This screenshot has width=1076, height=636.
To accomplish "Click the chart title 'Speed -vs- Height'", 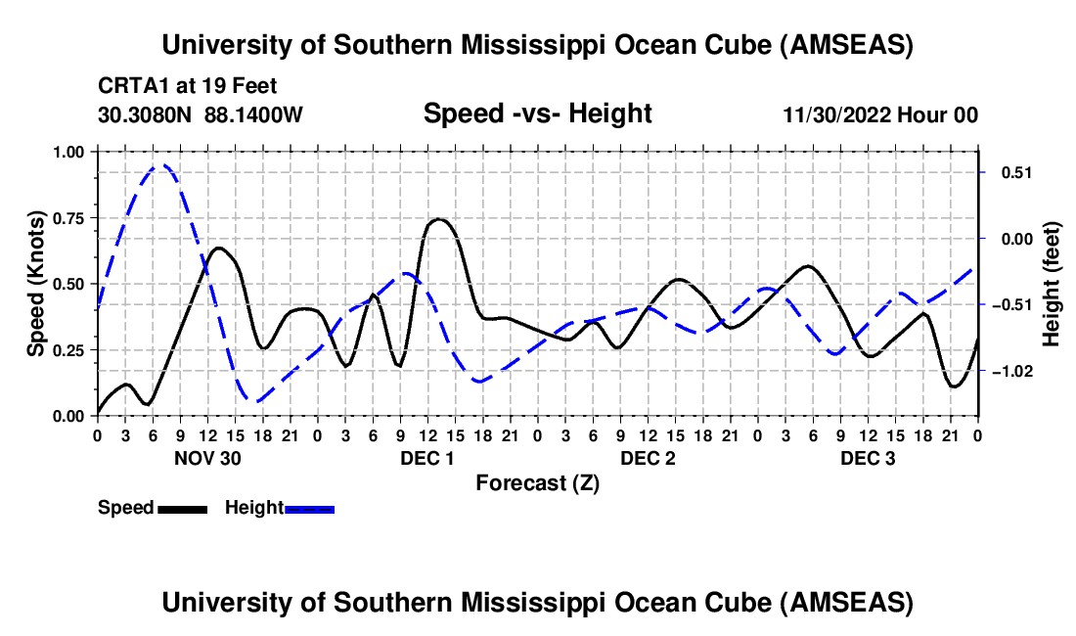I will pos(537,114).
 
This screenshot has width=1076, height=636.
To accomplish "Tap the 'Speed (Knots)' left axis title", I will pos(35,284).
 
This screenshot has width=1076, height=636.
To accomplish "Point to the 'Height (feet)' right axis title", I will pos(1052,283).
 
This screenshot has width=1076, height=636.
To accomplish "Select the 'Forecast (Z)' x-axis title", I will pos(537,482).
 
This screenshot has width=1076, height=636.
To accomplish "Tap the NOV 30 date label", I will pos(207,458).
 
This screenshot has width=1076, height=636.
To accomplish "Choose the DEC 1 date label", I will pos(427,458).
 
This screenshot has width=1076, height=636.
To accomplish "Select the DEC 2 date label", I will pos(648,458).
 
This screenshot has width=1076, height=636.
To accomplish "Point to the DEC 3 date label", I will pos(868,458).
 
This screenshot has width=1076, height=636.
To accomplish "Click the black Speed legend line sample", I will pos(182,508).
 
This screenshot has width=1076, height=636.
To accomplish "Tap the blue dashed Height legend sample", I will pos(310,508).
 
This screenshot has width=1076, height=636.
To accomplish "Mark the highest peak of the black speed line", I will pos(438,219).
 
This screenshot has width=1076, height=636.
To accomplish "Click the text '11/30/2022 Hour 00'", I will pos(879,114).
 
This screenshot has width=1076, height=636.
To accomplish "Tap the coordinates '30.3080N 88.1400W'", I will pos(201,114).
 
